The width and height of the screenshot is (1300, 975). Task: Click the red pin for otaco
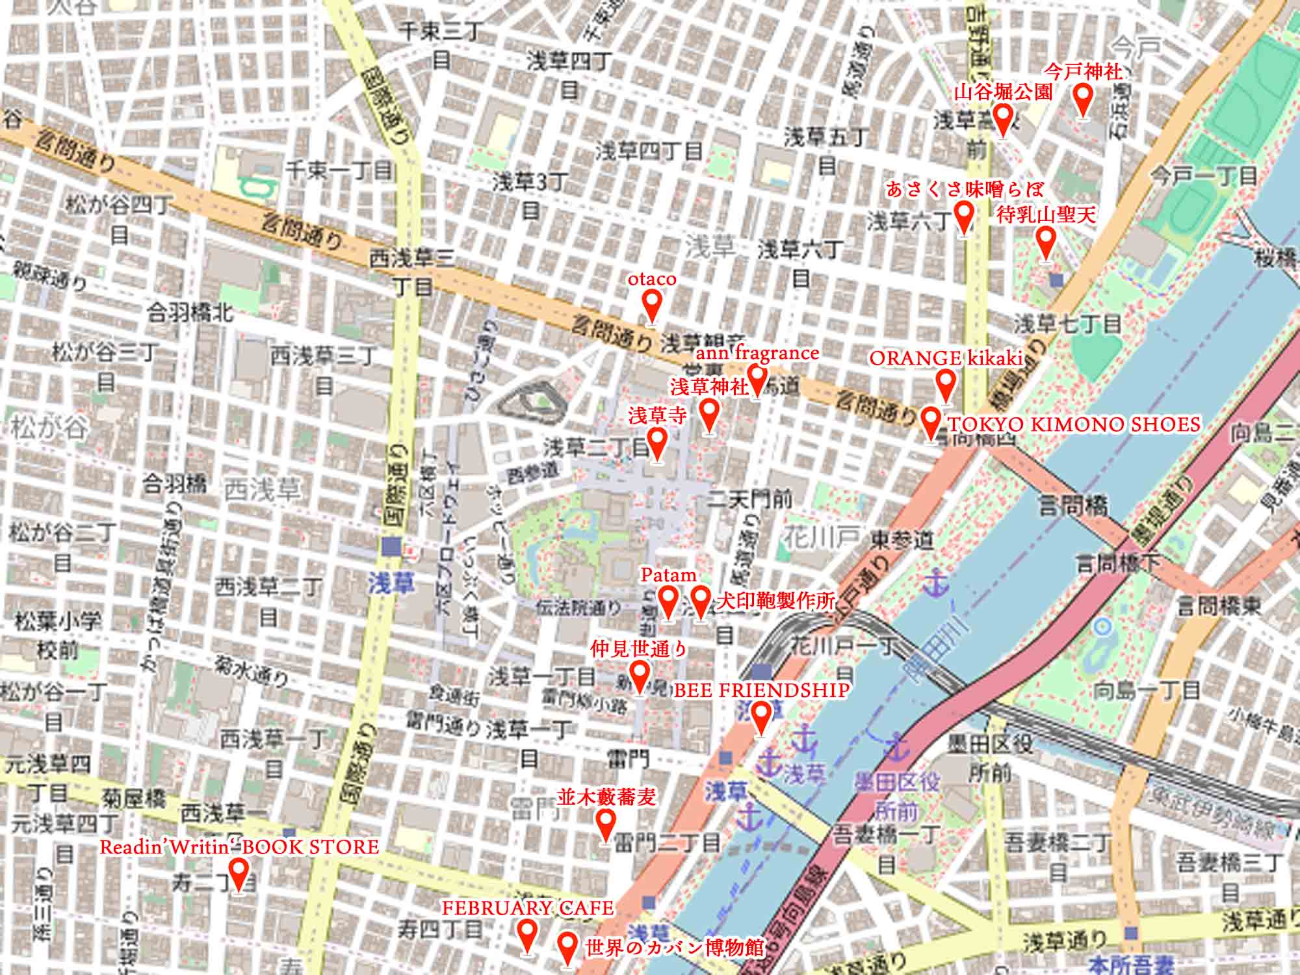coord(652,303)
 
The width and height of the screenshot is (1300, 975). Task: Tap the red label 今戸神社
coord(1083,71)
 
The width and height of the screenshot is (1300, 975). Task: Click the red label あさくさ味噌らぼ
coord(965,190)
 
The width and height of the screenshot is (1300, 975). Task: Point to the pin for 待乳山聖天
coord(1045,242)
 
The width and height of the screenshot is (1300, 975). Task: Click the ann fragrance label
coord(757,353)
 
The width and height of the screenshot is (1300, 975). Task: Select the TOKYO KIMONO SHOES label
coord(1073,424)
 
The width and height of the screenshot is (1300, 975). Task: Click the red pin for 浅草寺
coord(657,441)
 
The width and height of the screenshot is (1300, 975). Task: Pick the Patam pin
coord(668,599)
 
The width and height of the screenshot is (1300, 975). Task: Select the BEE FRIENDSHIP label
coord(761,690)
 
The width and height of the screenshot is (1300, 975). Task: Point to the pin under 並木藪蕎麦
coord(606,823)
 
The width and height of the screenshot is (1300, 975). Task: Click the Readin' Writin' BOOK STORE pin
coord(239,872)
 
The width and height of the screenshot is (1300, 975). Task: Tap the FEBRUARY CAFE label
coord(527,908)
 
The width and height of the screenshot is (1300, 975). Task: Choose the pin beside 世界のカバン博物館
coord(567,946)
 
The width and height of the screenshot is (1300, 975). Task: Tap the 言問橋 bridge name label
coord(1072,505)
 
